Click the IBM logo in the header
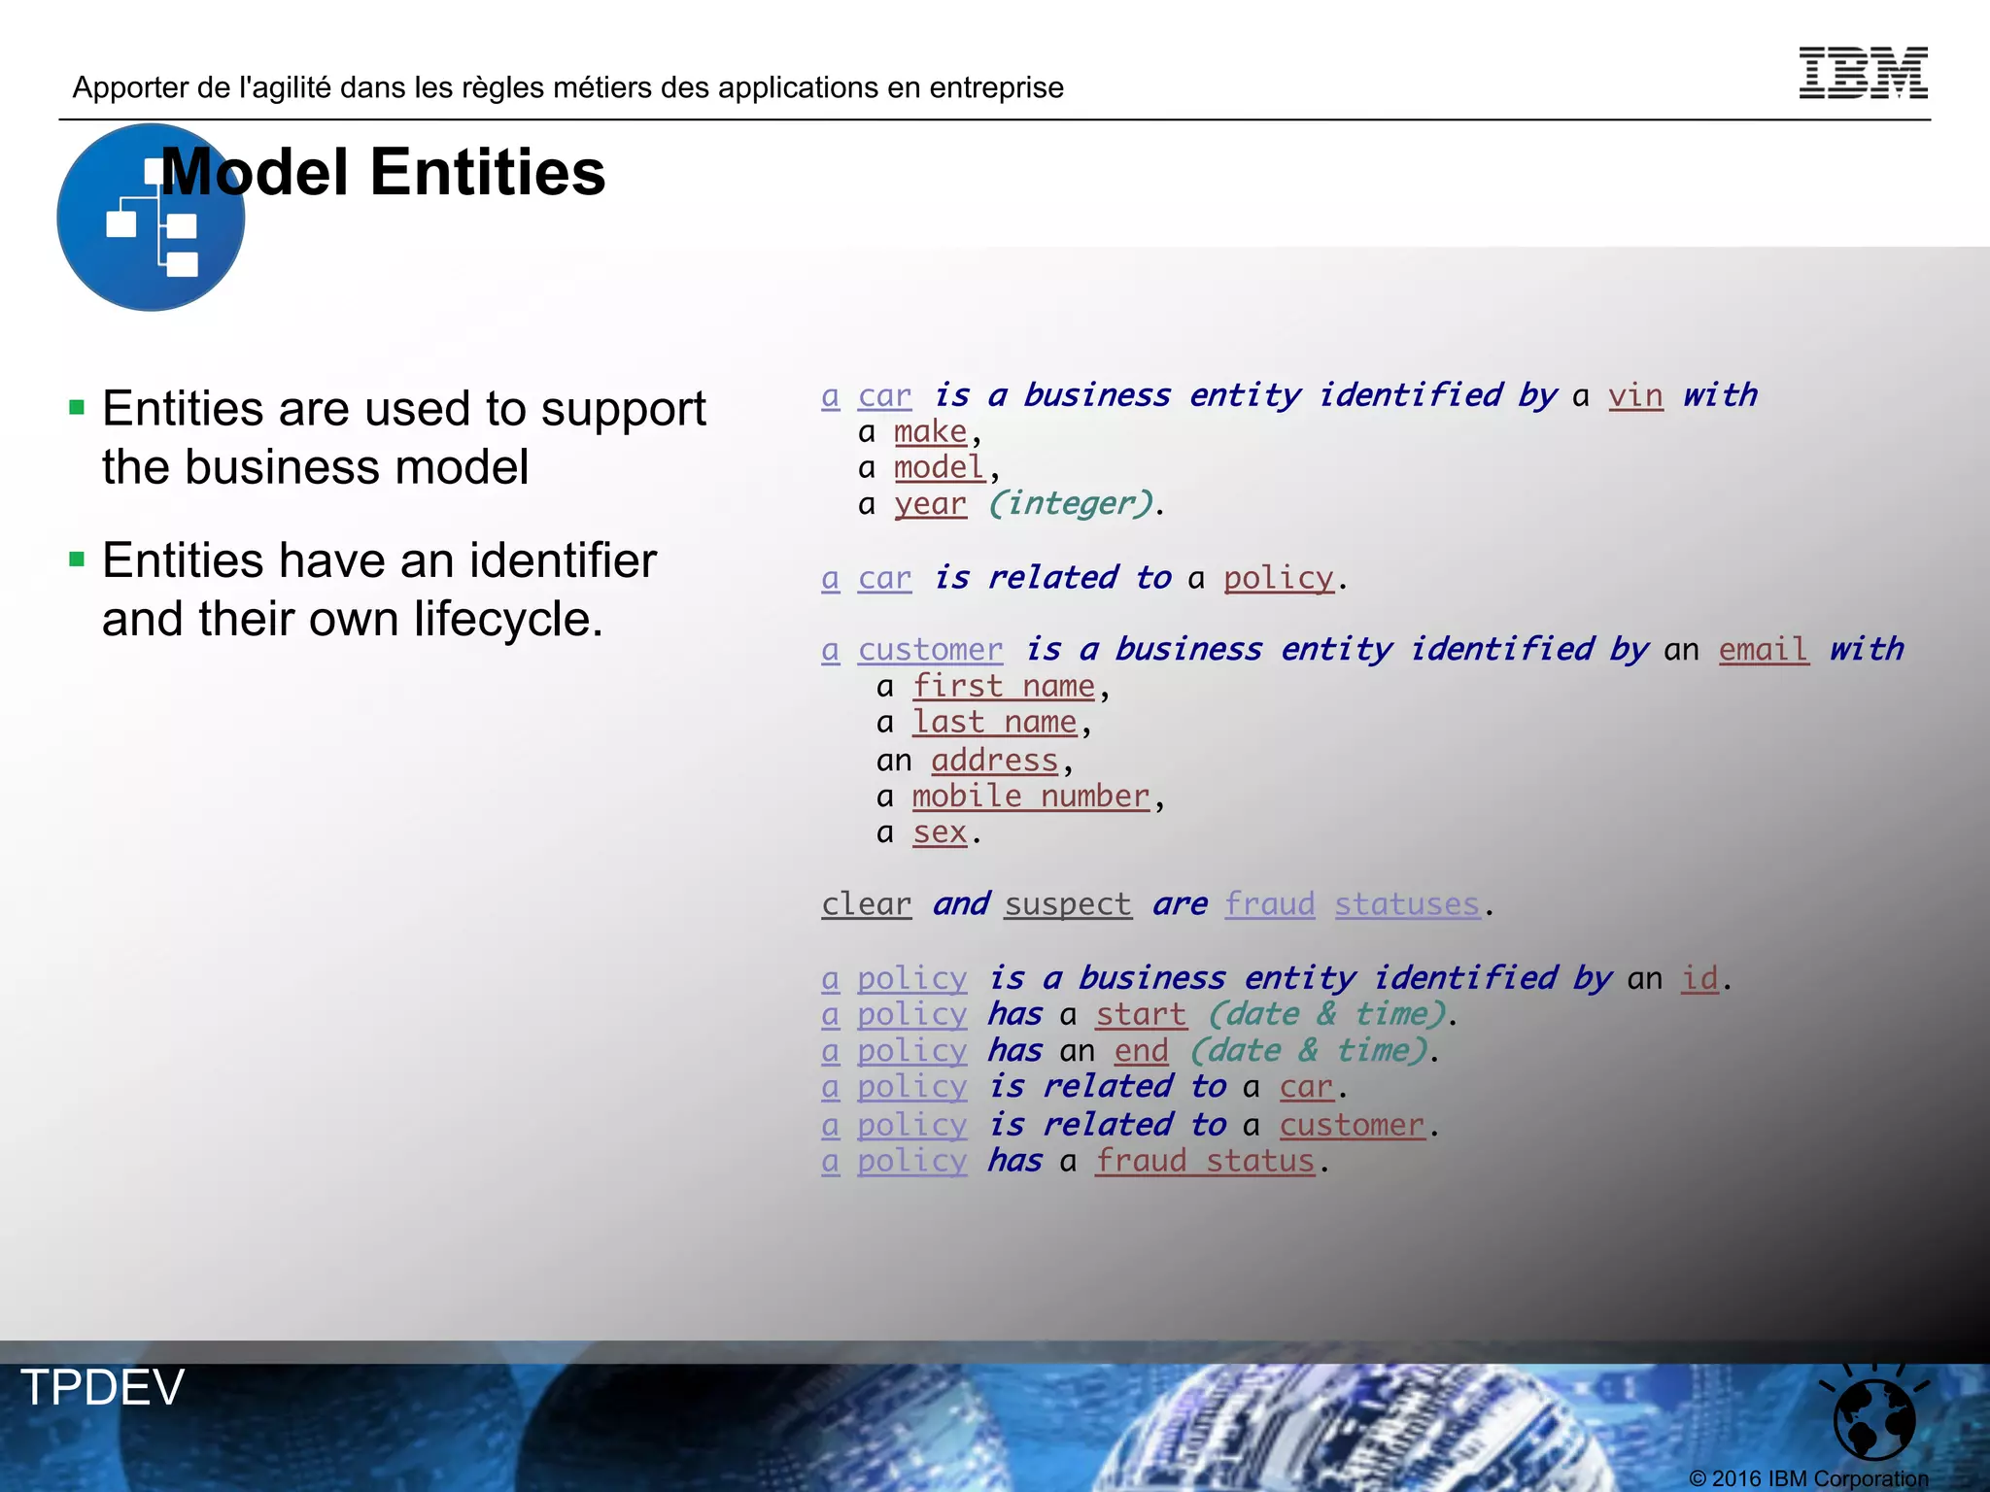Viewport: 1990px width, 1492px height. pos(1863,73)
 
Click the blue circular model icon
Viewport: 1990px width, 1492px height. pos(151,218)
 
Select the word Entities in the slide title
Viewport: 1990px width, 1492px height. pos(488,173)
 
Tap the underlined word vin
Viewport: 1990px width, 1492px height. pos(1635,395)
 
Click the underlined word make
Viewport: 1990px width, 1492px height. pos(930,431)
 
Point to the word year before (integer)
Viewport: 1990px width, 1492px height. pos(930,504)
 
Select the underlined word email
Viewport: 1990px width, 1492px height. pos(1764,649)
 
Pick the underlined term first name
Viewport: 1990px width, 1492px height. pos(1004,686)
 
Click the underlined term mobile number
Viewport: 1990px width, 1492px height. pos(1031,797)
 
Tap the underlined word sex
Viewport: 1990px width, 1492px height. pos(940,832)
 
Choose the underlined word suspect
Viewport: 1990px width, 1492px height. pos(1068,904)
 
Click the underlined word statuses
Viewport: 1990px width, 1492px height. pos(1407,904)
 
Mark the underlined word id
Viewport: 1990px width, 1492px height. pos(1699,978)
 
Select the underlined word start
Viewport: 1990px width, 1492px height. pos(1141,1014)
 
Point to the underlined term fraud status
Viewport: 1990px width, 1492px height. pos(1205,1161)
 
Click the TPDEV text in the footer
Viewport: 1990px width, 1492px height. pos(103,1387)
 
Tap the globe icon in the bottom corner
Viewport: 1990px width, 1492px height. pos(1873,1416)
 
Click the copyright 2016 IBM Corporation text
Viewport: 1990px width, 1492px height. pos(1808,1478)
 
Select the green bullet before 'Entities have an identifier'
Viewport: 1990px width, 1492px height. pos(78,559)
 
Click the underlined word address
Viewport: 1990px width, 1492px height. pos(994,760)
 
